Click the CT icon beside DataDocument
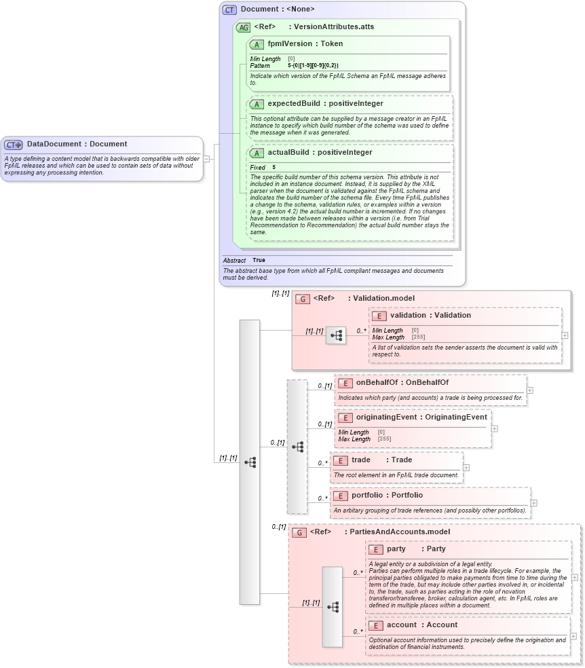[x=14, y=145]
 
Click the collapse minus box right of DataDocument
[x=206, y=159]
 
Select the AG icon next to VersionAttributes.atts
[x=243, y=27]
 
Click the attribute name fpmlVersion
[x=290, y=44]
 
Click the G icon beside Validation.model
[x=303, y=299]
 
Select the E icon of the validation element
[x=380, y=316]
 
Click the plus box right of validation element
[x=565, y=335]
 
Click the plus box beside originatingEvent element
[x=495, y=428]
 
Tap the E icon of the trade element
[x=341, y=460]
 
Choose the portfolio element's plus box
[x=534, y=503]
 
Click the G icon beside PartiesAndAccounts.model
[x=299, y=532]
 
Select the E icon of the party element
[x=377, y=549]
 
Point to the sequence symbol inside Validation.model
[x=335, y=335]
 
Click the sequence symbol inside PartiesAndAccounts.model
[x=333, y=607]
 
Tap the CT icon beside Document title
[x=230, y=10]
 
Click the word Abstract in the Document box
[x=234, y=261]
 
